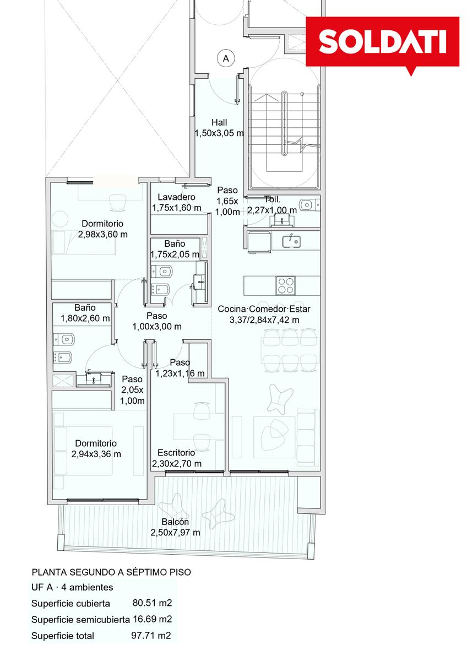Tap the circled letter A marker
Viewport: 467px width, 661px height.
226,58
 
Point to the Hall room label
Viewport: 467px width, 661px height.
219,122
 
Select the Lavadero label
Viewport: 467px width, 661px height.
176,197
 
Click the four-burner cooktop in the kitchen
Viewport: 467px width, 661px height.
285,285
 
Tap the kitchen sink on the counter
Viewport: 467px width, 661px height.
291,241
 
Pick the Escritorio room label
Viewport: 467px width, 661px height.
176,453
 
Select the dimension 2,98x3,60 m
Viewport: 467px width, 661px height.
102,234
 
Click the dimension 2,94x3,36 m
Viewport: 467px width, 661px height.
96,454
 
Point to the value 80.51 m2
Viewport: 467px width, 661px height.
152,603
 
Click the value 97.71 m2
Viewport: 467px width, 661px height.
151,635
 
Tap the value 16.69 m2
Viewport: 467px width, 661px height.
152,619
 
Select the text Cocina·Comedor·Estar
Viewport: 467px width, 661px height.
264,309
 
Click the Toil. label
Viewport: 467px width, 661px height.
272,199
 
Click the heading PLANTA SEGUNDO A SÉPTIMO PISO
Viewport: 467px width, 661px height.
111,572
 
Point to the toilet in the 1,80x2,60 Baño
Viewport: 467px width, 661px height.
64,339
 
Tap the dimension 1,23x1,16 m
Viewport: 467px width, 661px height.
180,373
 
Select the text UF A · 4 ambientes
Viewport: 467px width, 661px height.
72,587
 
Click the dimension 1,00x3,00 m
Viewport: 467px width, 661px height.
157,326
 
